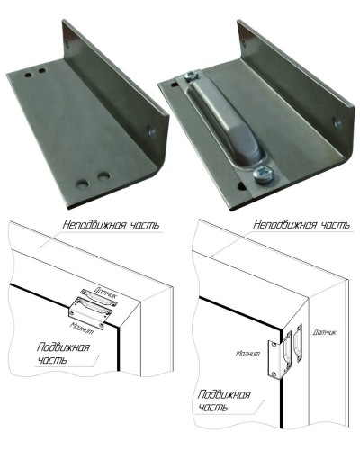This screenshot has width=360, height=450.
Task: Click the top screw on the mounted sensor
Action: point(193,75)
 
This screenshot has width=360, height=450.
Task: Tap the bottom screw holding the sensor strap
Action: point(263,174)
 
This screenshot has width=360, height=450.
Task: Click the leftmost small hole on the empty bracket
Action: point(28,75)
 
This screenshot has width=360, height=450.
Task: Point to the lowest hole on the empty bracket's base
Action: point(82,184)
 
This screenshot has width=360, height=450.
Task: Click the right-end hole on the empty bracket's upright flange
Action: point(151,131)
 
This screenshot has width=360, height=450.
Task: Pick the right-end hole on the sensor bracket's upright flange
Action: point(338,123)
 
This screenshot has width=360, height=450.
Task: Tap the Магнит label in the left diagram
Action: point(82,328)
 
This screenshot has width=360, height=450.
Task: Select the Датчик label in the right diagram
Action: point(324,332)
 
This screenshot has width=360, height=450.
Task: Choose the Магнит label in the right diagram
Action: point(247,354)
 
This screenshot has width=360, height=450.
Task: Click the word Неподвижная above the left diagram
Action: point(94,225)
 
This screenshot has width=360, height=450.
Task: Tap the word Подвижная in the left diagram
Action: point(63,347)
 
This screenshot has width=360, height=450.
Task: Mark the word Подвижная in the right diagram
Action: point(224,394)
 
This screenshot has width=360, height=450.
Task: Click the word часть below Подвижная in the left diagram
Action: point(51,360)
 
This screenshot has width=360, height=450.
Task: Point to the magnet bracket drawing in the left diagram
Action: point(91,313)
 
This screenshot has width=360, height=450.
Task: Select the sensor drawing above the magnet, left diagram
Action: point(98,297)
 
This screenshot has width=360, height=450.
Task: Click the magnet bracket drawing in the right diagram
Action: point(280,355)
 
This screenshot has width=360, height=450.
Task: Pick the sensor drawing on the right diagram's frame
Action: point(298,342)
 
